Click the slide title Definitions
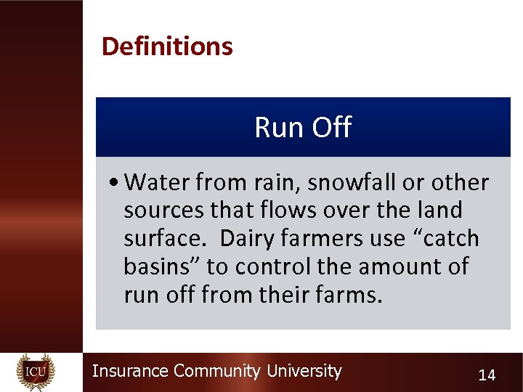pyautogui.click(x=167, y=46)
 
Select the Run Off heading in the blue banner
pyautogui.click(x=303, y=128)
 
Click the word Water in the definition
pyautogui.click(x=158, y=182)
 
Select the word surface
pyautogui.click(x=167, y=239)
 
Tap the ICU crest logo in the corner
pyautogui.click(x=35, y=371)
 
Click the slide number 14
pyautogui.click(x=486, y=375)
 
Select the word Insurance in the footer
pyautogui.click(x=131, y=371)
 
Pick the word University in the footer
pyautogui.click(x=304, y=371)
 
